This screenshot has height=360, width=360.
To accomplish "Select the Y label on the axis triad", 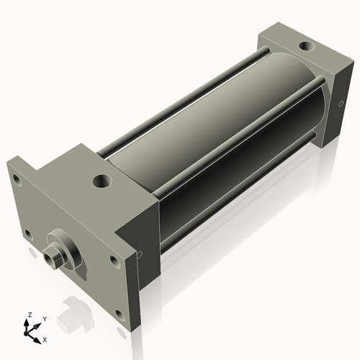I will click(44, 318).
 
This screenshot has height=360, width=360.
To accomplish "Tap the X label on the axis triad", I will click(45, 338).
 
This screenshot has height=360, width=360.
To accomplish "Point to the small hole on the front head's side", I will click(140, 253).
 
